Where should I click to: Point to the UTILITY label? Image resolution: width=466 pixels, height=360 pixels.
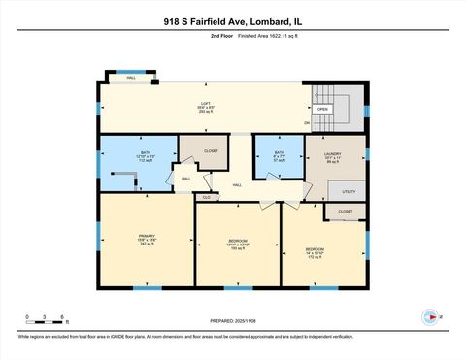pos(349,192)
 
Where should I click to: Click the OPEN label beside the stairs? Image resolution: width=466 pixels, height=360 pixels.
pos(323,109)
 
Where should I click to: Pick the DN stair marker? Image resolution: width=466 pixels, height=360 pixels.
pos(307,123)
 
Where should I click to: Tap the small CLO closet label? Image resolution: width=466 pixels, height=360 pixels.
pos(206,197)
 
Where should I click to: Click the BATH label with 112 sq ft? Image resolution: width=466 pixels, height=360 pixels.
pos(146,154)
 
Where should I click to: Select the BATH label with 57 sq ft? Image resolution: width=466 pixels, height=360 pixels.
pos(279,153)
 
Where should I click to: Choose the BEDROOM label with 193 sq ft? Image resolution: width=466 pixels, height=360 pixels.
pos(238,241)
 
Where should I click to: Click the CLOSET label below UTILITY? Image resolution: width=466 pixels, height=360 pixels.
pos(346,211)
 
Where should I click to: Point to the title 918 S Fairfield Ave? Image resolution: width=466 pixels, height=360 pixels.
pos(232,18)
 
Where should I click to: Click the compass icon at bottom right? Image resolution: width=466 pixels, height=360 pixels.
pos(427,316)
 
